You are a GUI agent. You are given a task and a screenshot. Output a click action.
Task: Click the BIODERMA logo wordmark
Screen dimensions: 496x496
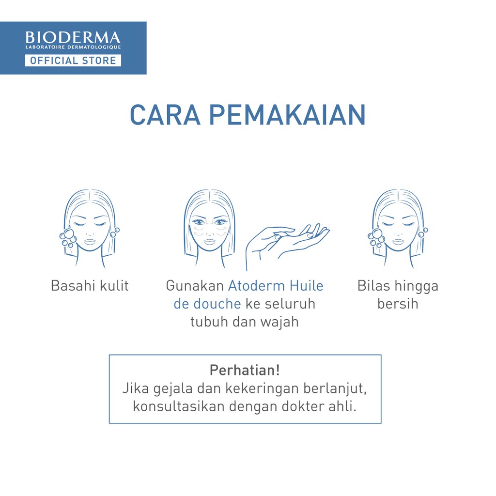click(x=73, y=37)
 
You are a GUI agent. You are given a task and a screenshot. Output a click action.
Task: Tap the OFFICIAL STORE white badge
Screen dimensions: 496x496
click(x=73, y=61)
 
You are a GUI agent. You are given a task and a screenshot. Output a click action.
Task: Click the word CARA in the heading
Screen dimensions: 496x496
click(x=165, y=115)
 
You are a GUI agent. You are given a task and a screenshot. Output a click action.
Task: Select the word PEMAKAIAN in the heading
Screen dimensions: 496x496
click(x=287, y=115)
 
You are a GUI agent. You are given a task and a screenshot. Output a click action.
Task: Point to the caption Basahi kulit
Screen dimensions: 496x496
click(x=90, y=286)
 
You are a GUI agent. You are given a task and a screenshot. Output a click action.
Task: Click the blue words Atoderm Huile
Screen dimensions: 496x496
click(x=276, y=286)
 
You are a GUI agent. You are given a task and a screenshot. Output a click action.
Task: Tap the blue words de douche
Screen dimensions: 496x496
click(x=207, y=304)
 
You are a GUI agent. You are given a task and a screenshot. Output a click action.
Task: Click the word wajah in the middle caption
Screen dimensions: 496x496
click(x=279, y=322)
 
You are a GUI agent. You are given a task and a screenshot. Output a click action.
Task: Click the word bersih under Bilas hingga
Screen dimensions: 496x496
click(x=398, y=304)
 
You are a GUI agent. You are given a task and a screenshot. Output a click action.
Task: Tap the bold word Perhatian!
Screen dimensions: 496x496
click(x=245, y=370)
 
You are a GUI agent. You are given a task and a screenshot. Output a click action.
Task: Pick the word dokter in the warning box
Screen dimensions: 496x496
click(x=303, y=406)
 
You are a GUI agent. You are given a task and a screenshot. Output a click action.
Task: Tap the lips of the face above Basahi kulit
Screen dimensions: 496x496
click(x=90, y=242)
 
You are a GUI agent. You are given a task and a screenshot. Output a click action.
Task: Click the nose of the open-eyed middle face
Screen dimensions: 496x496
click(x=210, y=232)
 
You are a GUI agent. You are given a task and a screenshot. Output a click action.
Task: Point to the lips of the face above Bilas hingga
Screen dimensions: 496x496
click(x=398, y=242)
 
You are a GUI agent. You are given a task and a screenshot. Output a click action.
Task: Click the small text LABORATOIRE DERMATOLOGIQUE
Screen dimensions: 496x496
click(x=73, y=47)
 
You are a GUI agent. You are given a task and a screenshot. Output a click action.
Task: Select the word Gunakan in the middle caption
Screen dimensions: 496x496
click(x=195, y=286)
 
